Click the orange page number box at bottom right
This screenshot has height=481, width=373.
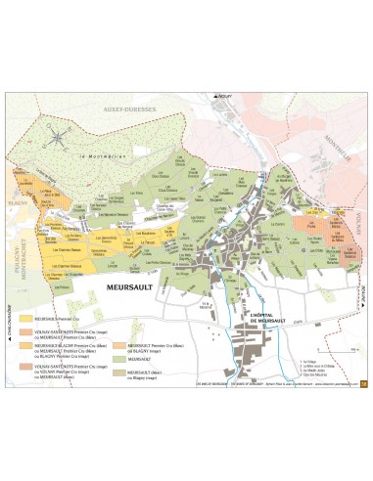(363, 382)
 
